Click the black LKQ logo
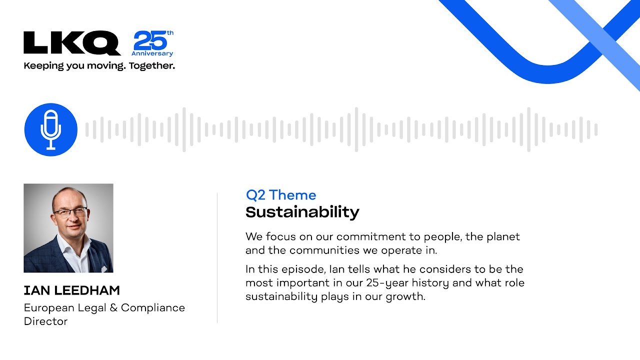pos(72,43)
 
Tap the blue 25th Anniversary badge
pos(152,43)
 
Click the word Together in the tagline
pos(151,66)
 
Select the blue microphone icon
pos(51,129)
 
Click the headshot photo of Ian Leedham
pos(68,228)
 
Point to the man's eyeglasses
pos(70,212)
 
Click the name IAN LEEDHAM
pos(71,290)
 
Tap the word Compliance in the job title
pos(153,308)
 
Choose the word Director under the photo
pos(45,321)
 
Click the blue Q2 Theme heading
pos(281,195)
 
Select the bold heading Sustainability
pos(302,212)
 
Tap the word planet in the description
pos(503,237)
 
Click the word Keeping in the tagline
pos(43,66)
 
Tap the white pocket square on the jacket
pos(104,268)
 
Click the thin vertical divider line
pos(217,258)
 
